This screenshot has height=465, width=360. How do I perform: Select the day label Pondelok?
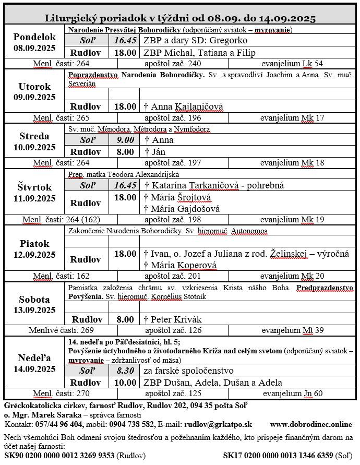click(x=34, y=37)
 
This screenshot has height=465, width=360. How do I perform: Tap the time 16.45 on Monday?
click(x=125, y=41)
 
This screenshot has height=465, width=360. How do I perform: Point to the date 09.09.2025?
click(x=34, y=98)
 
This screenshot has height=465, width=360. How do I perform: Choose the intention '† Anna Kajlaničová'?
click(x=183, y=106)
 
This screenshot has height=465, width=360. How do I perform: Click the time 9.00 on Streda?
click(x=125, y=140)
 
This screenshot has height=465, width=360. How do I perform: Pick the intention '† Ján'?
click(x=155, y=152)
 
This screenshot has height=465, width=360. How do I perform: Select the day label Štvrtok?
click(x=34, y=187)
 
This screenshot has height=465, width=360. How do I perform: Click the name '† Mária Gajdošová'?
click(x=182, y=209)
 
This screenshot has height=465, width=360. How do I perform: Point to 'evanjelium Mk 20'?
click(x=292, y=276)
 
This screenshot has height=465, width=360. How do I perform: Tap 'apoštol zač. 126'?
click(x=173, y=330)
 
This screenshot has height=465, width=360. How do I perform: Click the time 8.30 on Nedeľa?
click(x=125, y=371)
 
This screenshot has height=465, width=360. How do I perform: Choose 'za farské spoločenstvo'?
click(x=187, y=371)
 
